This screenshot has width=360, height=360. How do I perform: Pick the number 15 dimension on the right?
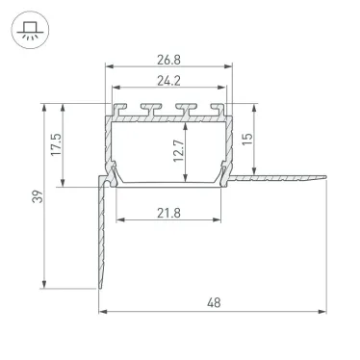(x=248, y=139)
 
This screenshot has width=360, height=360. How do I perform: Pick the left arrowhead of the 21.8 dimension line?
(x=119, y=222)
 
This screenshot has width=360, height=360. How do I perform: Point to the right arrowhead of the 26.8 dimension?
(x=232, y=66)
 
